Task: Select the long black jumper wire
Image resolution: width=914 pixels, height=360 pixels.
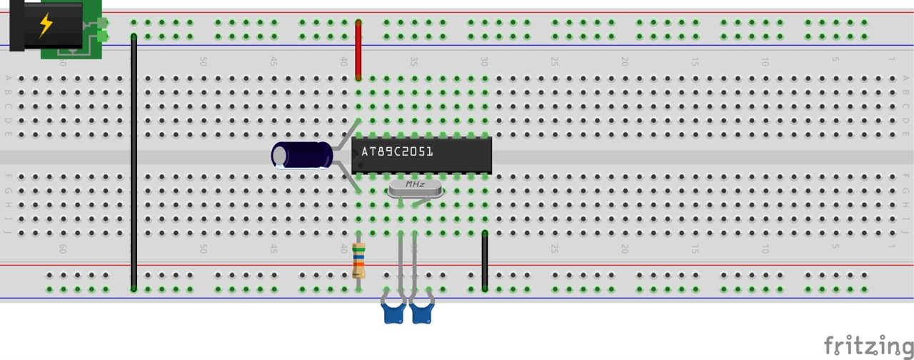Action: coord(134,164)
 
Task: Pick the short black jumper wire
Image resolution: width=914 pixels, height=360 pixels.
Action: coord(485,261)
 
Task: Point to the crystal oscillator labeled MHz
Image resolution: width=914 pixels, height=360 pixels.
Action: coord(415,187)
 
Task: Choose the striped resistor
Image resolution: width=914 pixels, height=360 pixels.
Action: coord(358,261)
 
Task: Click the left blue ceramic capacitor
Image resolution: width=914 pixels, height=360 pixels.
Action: coord(393,312)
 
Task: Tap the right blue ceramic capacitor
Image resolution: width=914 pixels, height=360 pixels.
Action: coord(422,312)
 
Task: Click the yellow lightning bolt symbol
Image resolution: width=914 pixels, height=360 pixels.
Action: coord(46,25)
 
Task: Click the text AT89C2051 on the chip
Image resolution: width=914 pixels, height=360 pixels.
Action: coord(397,152)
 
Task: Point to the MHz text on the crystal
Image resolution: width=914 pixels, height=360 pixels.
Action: coord(415,185)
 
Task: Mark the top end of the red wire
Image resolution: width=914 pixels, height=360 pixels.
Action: coord(358,23)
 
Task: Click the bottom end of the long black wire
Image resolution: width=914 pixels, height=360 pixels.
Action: coord(134,289)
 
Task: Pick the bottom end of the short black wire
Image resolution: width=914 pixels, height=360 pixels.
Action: coord(485,289)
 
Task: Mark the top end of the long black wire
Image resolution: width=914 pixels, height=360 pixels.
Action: coord(134,36)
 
